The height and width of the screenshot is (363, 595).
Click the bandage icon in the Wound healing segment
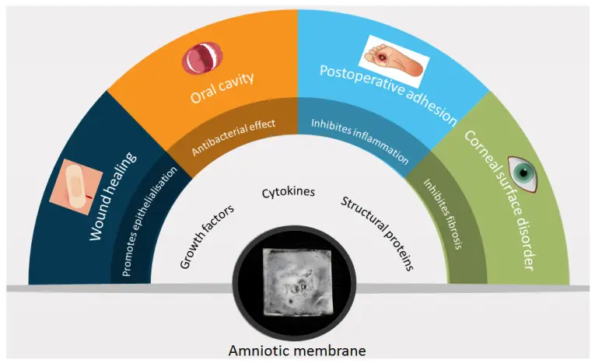(76, 187)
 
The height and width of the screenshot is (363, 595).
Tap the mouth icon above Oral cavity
(202, 58)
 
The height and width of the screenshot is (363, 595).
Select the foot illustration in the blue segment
(394, 61)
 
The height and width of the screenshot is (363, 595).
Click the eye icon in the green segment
(523, 173)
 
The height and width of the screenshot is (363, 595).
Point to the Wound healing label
(112, 197)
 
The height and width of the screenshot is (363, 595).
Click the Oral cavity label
(222, 88)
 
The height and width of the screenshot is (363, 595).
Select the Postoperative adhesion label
(389, 95)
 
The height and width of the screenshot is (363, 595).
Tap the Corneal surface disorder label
(500, 201)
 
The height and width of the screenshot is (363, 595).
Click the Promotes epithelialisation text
(149, 221)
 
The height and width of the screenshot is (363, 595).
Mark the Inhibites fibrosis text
(443, 214)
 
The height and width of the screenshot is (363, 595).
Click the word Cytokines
(289, 192)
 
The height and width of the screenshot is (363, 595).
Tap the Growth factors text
(206, 237)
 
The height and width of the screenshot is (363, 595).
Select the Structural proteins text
(376, 233)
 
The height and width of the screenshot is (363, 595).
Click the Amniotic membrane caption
(297, 351)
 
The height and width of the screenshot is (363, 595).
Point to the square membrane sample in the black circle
(297, 282)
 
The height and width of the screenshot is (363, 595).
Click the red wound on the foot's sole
(380, 58)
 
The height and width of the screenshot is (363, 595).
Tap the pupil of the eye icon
(523, 173)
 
